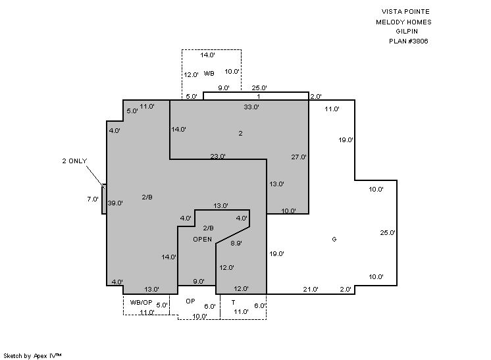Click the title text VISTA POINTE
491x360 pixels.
tap(405, 12)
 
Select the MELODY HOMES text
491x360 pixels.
tap(403, 22)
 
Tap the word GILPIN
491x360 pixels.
tap(407, 32)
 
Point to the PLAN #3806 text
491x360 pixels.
tap(408, 41)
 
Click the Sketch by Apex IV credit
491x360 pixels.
tap(32, 355)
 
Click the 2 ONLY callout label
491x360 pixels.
tap(74, 161)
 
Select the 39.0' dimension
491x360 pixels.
tap(115, 203)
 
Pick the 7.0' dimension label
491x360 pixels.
tap(93, 199)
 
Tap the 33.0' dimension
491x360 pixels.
tap(251, 107)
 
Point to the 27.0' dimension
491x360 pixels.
tap(299, 157)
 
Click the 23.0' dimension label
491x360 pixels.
tap(218, 156)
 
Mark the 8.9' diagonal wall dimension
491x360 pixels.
tap(236, 243)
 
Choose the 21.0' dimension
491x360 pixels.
tap(311, 290)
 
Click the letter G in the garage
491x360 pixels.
tap(334, 239)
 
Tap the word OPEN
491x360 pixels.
tap(202, 239)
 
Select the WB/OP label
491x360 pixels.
tap(142, 302)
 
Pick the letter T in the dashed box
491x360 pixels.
tap(233, 302)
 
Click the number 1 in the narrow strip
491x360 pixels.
tap(259, 97)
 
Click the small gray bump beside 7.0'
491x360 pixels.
tap(104, 199)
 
